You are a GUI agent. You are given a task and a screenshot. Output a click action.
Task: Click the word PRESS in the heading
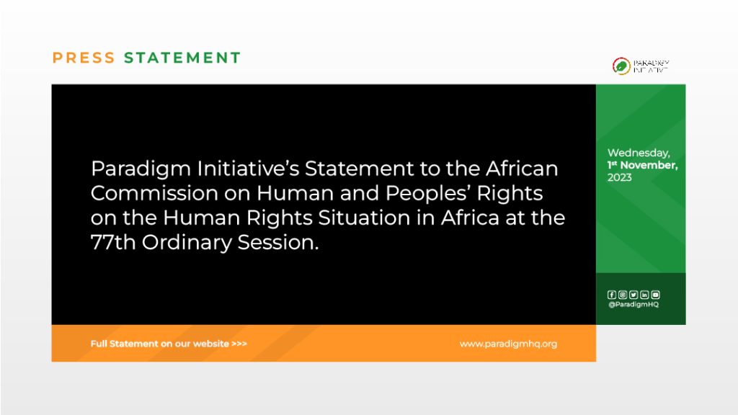coord(84,58)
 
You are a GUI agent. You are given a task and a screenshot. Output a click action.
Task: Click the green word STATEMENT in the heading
coord(182,58)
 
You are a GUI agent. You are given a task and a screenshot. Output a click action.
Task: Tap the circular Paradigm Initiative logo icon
coord(621,66)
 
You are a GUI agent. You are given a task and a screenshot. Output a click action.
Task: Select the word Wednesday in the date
coord(639,153)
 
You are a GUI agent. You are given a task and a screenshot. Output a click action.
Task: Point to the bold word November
coord(649,165)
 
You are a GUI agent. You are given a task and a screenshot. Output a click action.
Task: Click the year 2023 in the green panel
coord(619,177)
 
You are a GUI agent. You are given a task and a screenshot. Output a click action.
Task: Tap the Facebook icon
coord(612,295)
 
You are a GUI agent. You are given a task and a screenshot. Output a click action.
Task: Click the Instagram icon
coord(623,295)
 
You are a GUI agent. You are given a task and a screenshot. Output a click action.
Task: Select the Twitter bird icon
coord(633,295)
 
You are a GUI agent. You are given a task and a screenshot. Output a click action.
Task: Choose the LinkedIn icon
coord(644,295)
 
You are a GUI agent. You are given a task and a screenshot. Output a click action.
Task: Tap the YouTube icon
coord(655,295)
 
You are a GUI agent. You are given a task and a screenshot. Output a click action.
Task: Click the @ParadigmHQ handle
coord(633,305)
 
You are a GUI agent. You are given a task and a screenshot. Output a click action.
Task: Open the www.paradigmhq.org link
coord(508,344)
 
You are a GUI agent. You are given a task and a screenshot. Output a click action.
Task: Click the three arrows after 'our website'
coord(239,344)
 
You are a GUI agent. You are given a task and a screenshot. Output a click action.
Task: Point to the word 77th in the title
coord(113,242)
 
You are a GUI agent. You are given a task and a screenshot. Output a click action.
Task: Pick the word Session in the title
coord(277,242)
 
